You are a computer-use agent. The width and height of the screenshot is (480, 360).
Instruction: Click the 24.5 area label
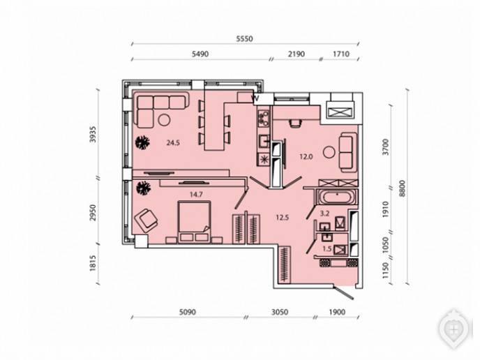(173, 142)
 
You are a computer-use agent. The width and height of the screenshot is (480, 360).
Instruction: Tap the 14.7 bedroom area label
(196, 195)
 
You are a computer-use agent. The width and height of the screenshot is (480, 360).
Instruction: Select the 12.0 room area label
(306, 157)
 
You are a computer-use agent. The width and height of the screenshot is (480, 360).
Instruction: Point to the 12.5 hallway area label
(283, 218)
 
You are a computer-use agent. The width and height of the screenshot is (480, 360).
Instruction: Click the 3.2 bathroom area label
(324, 213)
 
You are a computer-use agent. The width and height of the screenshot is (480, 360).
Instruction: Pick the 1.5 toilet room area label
(327, 248)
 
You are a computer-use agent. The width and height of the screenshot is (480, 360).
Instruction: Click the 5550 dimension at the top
(245, 39)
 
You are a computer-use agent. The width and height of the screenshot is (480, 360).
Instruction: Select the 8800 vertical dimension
(403, 188)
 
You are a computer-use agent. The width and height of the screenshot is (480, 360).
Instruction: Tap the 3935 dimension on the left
(93, 134)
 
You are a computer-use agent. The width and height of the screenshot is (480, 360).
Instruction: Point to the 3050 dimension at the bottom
(280, 312)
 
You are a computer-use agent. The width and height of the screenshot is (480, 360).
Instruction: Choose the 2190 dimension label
(297, 54)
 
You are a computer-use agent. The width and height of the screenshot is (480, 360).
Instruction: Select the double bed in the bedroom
(194, 222)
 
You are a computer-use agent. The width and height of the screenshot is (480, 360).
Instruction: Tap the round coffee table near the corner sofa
(164, 120)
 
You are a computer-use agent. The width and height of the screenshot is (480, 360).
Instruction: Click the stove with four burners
(264, 119)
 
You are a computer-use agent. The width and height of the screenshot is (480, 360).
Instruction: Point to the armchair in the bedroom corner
(146, 220)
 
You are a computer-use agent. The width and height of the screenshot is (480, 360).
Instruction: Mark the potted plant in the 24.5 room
(142, 142)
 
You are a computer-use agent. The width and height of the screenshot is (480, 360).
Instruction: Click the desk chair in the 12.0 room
(295, 123)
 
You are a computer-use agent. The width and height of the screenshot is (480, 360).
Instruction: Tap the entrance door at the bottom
(344, 292)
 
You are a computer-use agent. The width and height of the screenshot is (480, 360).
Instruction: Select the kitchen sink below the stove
(264, 141)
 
